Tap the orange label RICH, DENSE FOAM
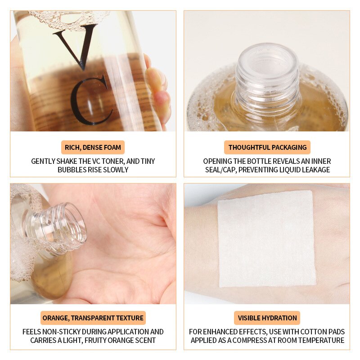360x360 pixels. tap(93, 147)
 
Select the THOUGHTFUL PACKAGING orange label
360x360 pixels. tap(267, 147)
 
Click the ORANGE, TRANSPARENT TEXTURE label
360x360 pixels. tap(93, 318)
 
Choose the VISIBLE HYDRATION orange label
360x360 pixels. tap(267, 318)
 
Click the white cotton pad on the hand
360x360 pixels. tap(266, 238)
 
